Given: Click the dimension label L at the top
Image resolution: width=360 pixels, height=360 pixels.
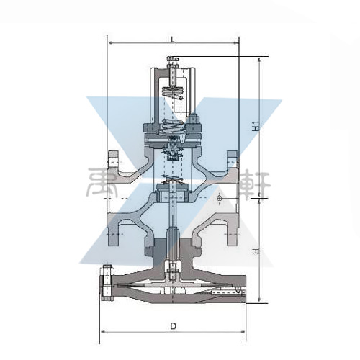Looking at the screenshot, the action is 173,40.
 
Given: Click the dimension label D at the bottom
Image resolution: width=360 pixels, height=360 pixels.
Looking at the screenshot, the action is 173,325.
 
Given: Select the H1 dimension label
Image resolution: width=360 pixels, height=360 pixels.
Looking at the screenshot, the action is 256,126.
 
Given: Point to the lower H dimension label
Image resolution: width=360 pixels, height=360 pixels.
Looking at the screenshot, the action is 256,251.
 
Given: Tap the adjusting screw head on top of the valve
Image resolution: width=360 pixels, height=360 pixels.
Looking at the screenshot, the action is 173,59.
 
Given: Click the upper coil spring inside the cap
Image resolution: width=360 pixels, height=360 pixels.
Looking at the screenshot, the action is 172,93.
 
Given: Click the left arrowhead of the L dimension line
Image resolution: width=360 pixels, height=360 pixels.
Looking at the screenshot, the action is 110,43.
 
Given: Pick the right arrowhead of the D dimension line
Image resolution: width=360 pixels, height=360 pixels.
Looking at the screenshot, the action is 243,332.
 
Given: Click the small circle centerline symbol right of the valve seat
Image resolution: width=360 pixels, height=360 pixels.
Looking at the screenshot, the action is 219,198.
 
